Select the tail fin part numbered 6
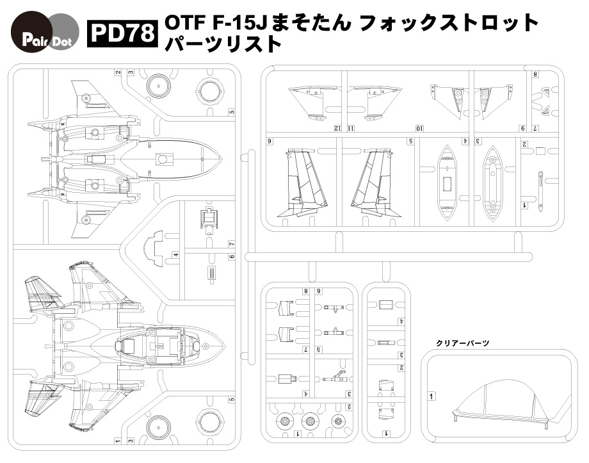303,182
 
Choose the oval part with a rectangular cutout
446,183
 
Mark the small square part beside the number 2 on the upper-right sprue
540,151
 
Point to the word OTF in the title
182,24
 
